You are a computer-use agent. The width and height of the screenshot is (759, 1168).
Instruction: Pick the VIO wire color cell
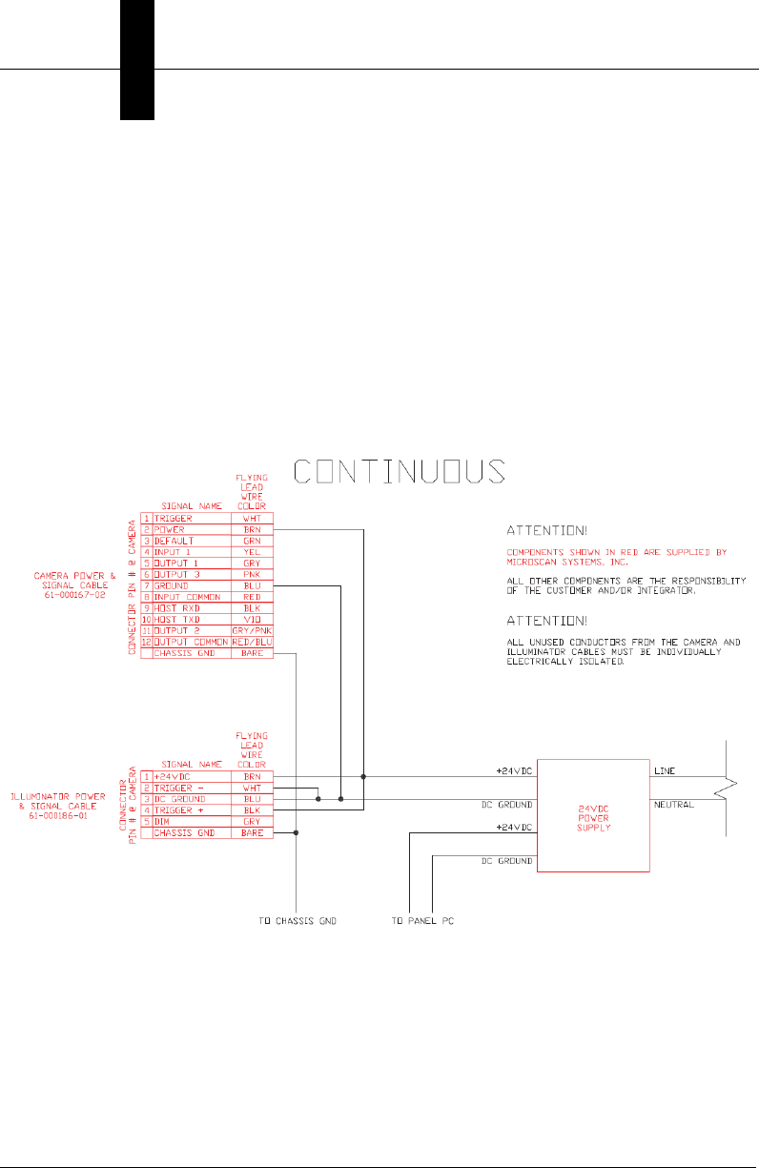(253, 618)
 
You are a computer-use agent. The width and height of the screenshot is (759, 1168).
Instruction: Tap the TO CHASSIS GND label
(297, 921)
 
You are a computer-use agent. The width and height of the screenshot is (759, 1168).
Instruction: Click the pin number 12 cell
(147, 642)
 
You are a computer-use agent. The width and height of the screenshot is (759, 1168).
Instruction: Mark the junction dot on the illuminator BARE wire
(297, 832)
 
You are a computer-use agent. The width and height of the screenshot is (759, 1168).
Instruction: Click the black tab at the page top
(137, 59)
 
